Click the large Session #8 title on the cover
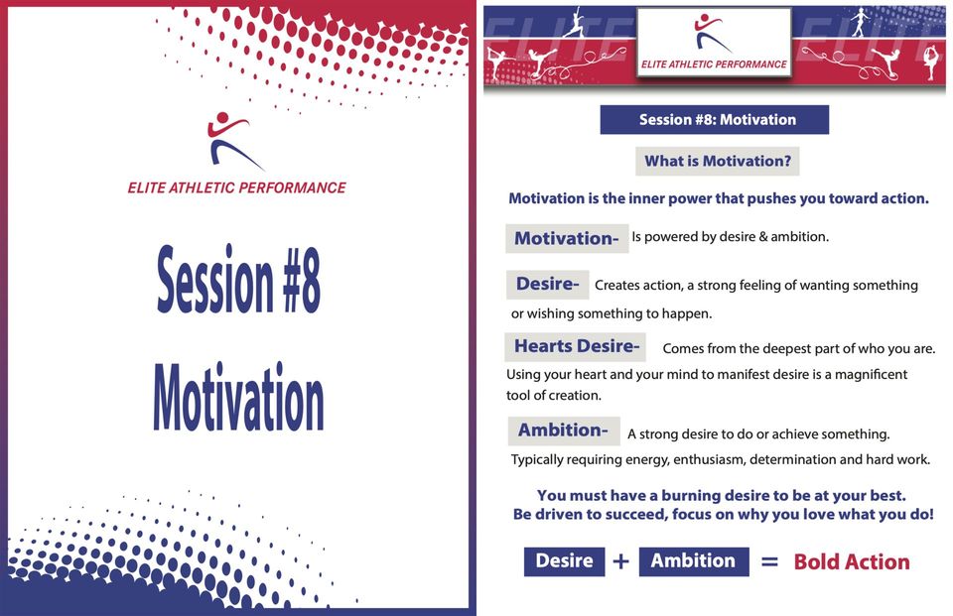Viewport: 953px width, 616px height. coord(238,279)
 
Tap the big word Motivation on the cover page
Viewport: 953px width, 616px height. coord(238,397)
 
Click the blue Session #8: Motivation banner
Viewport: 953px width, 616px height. coord(714,120)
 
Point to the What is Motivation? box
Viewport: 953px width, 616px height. coord(717,161)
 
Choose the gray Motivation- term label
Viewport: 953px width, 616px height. coord(567,238)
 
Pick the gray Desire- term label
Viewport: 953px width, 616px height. coord(547,285)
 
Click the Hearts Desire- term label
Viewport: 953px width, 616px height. coord(575,347)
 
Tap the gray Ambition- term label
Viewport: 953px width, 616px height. coord(564,431)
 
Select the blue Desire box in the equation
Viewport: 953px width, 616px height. coord(564,560)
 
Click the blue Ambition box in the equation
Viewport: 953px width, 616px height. coord(694,560)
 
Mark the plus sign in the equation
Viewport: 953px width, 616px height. coord(620,561)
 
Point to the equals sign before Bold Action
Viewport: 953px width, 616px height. coord(769,561)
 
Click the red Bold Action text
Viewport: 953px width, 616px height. coord(852,561)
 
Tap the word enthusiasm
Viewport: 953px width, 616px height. coord(709,460)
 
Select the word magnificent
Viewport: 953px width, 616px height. coord(871,374)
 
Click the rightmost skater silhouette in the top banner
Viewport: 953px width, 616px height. coord(930,62)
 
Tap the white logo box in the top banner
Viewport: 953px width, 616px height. coord(714,43)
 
